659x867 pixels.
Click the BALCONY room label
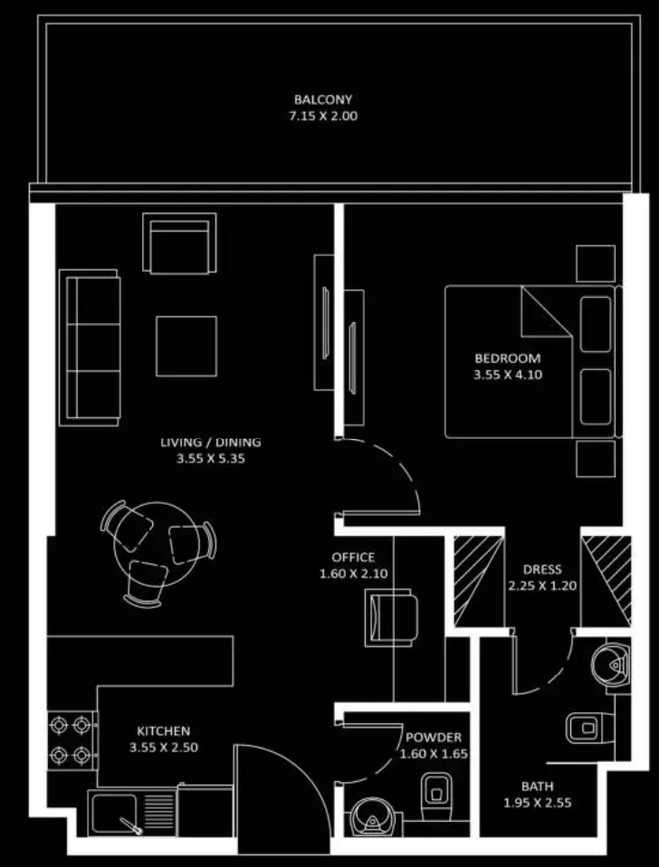(323, 100)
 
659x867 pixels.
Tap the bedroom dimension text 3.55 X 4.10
(508, 375)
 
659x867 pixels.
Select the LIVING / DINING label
(211, 443)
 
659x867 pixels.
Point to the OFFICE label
(353, 557)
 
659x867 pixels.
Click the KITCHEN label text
(164, 731)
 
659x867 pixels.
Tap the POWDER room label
(434, 738)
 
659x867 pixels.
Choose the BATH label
(538, 786)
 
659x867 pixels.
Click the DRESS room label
(542, 569)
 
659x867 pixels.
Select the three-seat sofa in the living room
(90, 348)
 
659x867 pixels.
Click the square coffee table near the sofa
(186, 346)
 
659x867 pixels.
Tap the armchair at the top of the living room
(179, 243)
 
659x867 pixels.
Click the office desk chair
(391, 617)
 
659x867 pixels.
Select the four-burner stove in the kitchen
(71, 739)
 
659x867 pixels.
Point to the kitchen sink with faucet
(131, 814)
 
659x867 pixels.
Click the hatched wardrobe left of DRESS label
(479, 581)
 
